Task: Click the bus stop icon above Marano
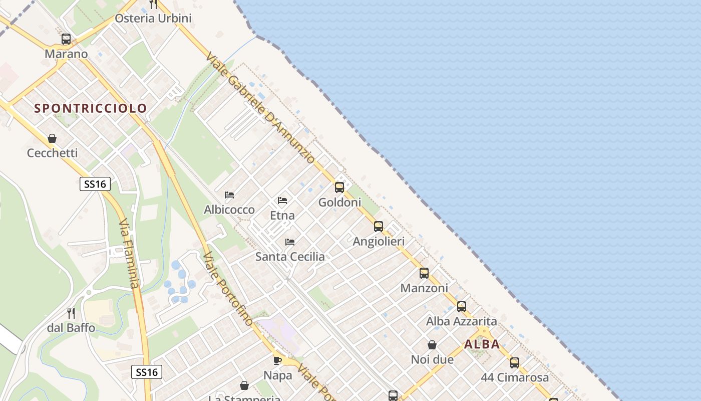point(66,39)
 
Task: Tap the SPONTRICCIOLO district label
point(91,108)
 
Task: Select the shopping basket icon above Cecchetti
point(52,138)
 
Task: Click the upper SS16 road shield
point(95,184)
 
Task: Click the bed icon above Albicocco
point(229,194)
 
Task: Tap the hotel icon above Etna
point(282,200)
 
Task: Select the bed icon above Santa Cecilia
point(290,242)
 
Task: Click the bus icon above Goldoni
point(339,187)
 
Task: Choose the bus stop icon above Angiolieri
point(379,227)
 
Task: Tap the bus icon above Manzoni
point(424,273)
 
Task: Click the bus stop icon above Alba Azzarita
point(462,306)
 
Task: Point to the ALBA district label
point(482,344)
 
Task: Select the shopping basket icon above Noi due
point(432,345)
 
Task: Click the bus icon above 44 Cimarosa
point(515,363)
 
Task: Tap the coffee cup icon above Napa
point(277,360)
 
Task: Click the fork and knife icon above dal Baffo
point(71,313)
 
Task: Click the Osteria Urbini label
point(153,19)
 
